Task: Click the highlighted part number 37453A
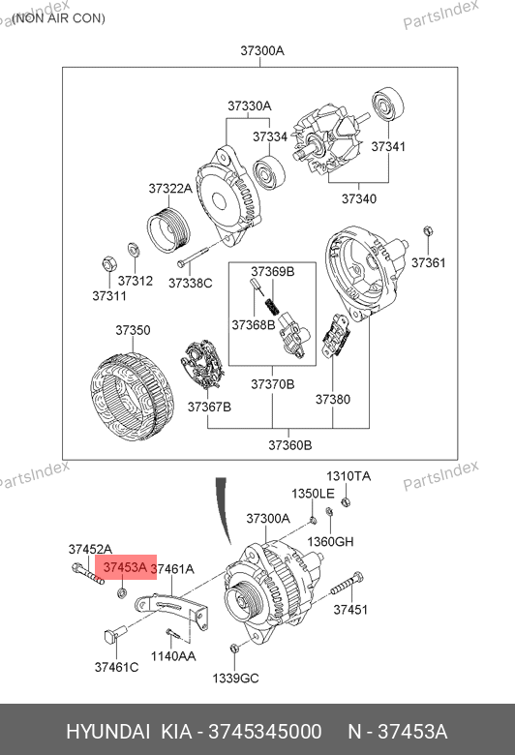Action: [125, 567]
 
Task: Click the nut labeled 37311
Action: [108, 264]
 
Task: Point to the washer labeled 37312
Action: [134, 250]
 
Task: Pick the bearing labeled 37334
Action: [269, 173]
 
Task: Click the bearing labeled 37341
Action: [388, 105]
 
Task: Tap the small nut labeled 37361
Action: [427, 231]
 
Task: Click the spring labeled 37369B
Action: [272, 305]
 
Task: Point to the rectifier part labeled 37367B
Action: [201, 365]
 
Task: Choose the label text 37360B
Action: [290, 445]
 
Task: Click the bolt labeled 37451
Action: [347, 583]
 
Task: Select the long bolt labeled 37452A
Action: [87, 573]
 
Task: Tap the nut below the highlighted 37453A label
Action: [122, 592]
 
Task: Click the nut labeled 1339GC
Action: [233, 648]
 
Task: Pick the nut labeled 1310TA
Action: [345, 502]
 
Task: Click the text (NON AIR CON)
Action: [58, 18]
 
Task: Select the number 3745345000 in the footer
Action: [264, 732]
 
